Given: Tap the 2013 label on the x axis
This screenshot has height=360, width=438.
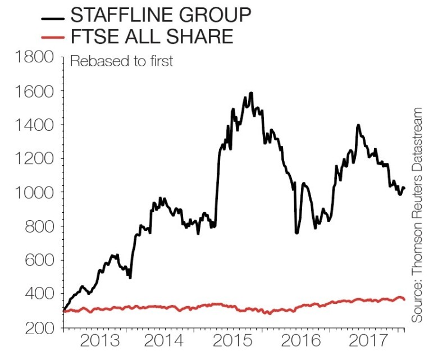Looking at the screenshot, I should click(x=99, y=341).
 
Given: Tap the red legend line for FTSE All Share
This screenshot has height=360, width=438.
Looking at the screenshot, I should click(x=53, y=39).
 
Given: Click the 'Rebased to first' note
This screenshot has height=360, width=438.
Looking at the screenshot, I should click(x=121, y=61).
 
